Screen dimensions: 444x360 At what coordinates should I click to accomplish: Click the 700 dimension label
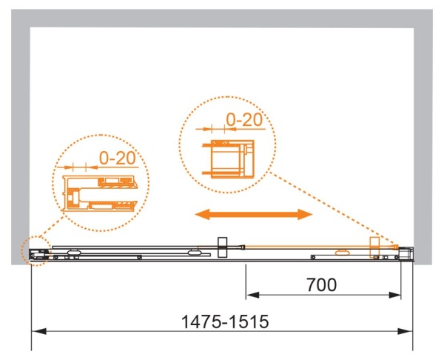tap(321, 285)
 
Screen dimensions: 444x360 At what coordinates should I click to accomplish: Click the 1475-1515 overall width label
tap(225, 322)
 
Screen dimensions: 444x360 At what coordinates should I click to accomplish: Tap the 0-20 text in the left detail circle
tap(117, 159)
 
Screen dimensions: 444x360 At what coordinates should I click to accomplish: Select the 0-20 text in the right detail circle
tap(244, 120)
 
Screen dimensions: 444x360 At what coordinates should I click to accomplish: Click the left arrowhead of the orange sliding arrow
tap(202, 214)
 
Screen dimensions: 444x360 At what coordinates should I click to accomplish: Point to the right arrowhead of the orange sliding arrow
tap(305, 214)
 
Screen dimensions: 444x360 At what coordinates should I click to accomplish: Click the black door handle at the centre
tap(222, 247)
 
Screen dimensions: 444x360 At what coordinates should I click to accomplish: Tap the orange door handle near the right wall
tap(374, 247)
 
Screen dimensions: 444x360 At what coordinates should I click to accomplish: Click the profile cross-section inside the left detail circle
tap(100, 193)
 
